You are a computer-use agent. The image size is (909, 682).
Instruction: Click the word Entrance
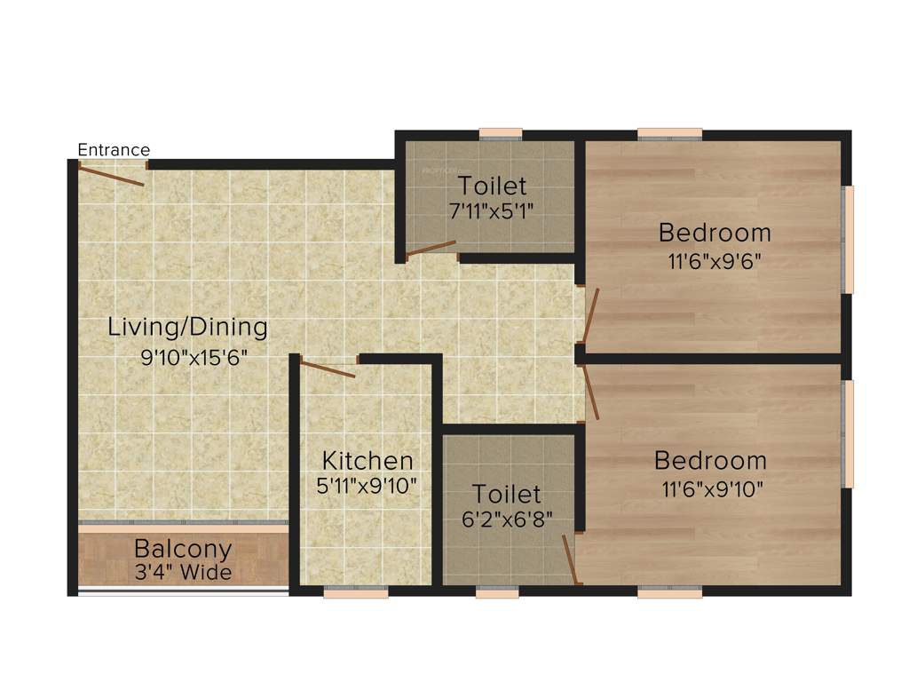click(114, 149)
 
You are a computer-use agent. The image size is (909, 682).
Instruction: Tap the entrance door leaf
click(112, 175)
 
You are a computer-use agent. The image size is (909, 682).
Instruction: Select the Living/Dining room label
click(187, 327)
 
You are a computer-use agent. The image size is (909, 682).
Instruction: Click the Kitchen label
click(367, 461)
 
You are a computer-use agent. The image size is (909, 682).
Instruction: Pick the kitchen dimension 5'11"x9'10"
click(367, 487)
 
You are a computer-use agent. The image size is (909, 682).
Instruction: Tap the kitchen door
click(328, 368)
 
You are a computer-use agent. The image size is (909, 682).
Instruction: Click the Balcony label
click(183, 549)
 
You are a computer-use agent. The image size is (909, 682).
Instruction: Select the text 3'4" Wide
click(183, 572)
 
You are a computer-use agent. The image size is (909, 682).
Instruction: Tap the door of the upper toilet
click(431, 249)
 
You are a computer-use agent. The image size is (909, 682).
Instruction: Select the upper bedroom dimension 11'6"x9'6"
click(715, 262)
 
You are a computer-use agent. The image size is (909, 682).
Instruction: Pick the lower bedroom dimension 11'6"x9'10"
click(711, 488)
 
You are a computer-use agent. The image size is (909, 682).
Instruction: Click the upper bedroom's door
click(590, 316)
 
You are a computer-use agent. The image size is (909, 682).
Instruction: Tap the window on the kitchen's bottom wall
click(356, 592)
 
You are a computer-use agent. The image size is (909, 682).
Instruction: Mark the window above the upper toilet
click(501, 134)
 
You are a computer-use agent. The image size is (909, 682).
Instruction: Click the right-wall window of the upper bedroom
click(848, 239)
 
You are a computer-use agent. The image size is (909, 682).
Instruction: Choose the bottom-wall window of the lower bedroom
click(669, 592)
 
